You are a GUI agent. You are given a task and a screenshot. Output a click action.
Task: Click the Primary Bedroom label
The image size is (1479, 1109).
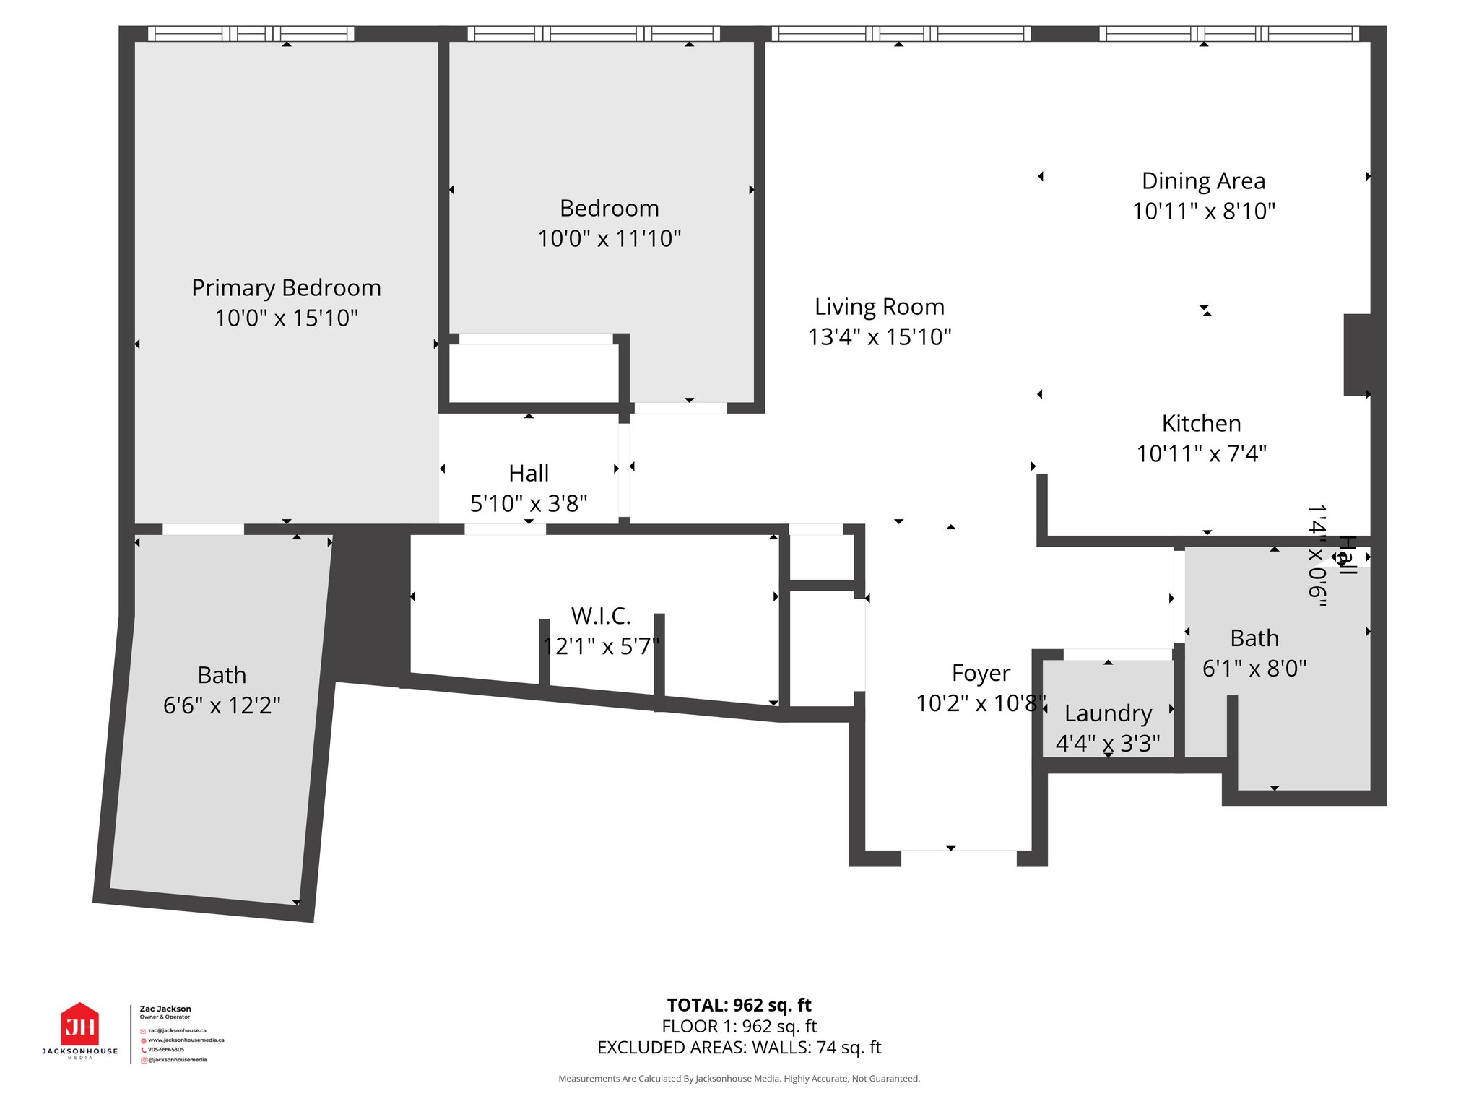tap(286, 288)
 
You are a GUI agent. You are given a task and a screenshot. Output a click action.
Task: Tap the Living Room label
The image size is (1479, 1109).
tap(880, 307)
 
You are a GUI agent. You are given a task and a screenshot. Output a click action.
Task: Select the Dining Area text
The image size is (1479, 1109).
tap(1203, 181)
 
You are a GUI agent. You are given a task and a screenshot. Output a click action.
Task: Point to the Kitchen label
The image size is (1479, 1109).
tap(1202, 423)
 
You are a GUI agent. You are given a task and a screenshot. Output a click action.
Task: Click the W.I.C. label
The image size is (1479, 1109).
tap(601, 616)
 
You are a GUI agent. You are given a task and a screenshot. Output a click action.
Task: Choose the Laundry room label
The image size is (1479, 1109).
tap(1108, 713)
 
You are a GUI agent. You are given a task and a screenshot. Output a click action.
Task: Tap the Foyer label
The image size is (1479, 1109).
tap(981, 673)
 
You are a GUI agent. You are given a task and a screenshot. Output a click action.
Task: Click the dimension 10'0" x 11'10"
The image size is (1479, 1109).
tap(610, 238)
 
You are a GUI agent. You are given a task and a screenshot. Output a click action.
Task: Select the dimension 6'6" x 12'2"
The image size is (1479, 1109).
tap(222, 705)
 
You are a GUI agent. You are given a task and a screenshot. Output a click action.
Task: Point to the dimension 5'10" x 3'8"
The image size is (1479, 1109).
tap(529, 503)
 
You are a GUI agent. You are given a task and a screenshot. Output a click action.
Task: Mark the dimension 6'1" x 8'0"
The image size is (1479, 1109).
tap(1254, 669)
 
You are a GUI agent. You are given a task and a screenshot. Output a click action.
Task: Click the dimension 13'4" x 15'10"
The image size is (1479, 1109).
tap(880, 337)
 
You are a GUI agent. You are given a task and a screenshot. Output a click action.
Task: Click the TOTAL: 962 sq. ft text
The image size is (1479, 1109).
tap(739, 1005)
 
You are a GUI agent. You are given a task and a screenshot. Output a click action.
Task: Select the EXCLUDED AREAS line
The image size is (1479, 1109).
tap(739, 1048)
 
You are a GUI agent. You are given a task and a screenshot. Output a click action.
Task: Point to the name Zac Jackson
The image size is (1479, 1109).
tap(165, 1009)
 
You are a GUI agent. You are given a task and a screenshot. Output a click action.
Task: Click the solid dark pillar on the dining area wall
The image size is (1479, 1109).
tap(1357, 355)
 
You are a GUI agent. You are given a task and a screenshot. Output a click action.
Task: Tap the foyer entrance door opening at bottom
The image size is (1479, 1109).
tap(959, 858)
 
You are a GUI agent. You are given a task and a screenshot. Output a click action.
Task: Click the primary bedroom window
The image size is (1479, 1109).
tap(251, 33)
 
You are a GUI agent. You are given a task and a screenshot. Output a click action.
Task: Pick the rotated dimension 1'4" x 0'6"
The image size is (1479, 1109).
tap(1317, 555)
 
